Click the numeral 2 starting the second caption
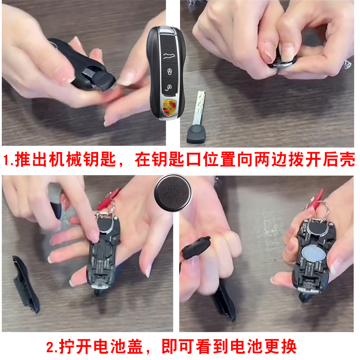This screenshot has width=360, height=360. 51,347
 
